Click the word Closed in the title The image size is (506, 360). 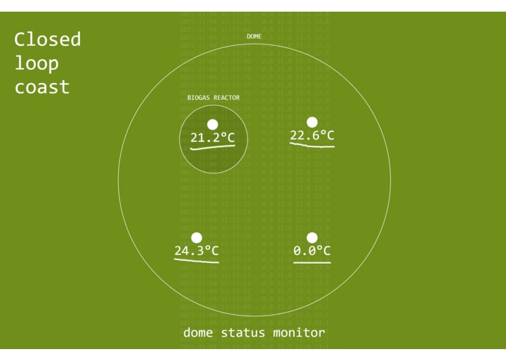[47, 39]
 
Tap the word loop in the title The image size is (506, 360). [36, 63]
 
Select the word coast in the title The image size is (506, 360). [42, 87]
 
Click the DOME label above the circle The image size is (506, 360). [254, 36]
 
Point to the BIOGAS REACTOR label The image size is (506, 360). [213, 98]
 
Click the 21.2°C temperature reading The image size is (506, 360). [213, 138]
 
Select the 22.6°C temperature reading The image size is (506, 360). [312, 135]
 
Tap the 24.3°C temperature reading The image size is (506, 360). [197, 251]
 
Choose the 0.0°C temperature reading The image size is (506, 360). [312, 251]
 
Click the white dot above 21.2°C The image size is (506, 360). [213, 125]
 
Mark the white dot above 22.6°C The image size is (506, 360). [312, 122]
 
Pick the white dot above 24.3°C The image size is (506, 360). [197, 238]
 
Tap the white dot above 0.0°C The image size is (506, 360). [312, 238]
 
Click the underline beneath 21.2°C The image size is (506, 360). [213, 147]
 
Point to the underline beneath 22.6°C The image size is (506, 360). [312, 145]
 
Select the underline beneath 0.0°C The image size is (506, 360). [312, 261]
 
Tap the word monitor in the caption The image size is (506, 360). [299, 333]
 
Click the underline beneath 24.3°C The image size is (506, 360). [197, 261]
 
